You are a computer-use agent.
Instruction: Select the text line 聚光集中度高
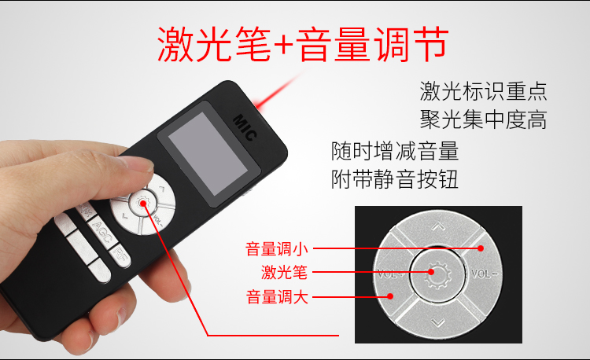(483, 120)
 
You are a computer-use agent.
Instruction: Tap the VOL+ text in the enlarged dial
(390, 275)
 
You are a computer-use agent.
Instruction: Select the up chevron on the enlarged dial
(438, 227)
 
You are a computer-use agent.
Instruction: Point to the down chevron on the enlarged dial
(438, 322)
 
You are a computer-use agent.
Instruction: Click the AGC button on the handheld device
(99, 230)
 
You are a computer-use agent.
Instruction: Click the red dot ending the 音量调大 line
(390, 296)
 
